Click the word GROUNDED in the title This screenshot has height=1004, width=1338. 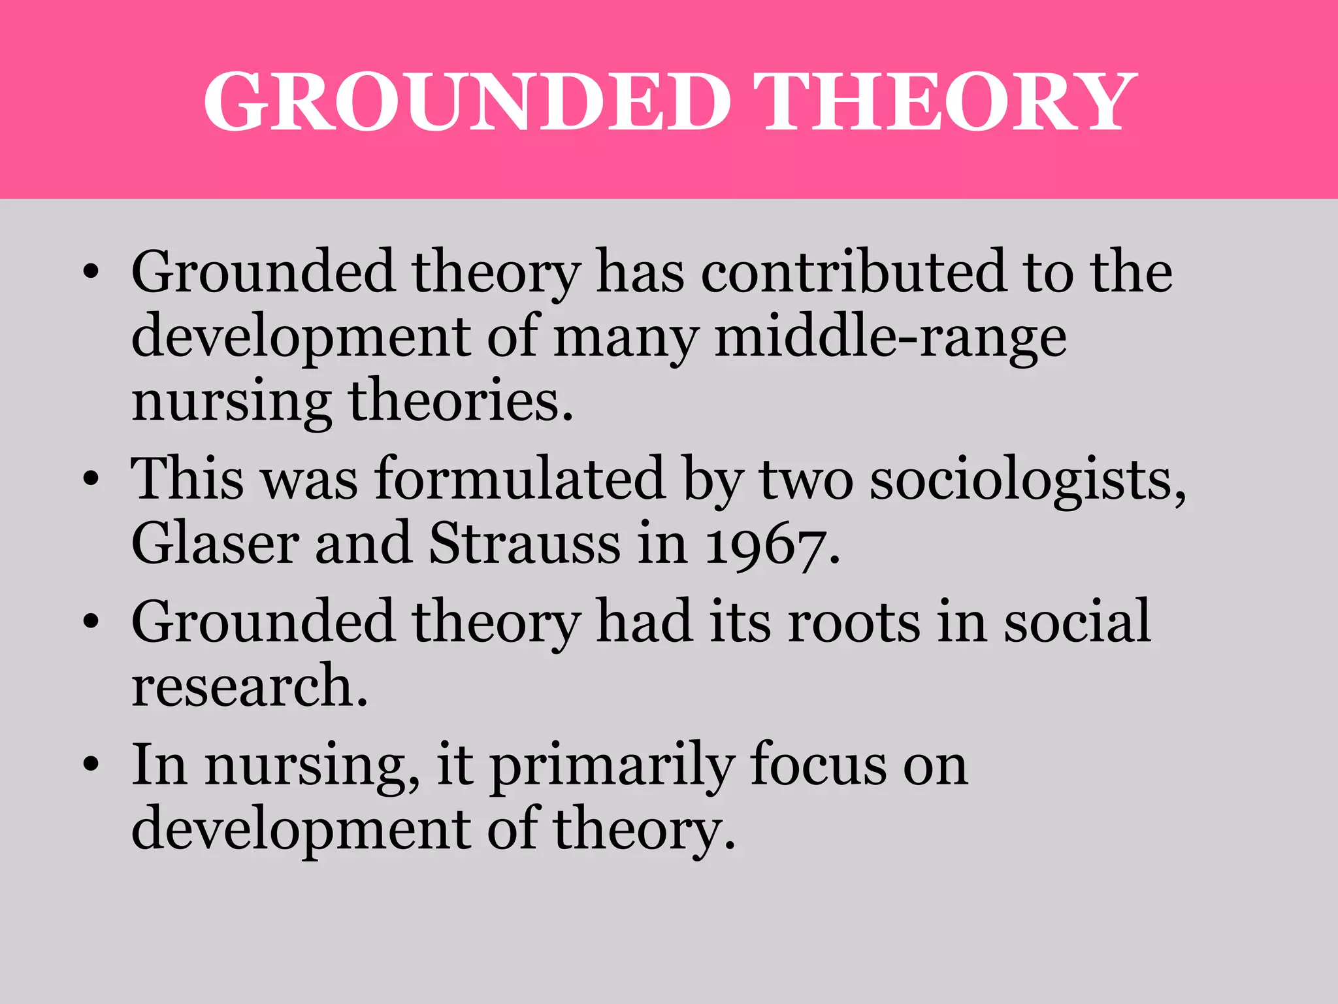click(x=467, y=103)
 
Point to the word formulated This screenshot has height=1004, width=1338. click(x=520, y=479)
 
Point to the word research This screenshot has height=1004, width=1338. click(x=249, y=686)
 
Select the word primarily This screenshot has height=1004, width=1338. click(x=612, y=766)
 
